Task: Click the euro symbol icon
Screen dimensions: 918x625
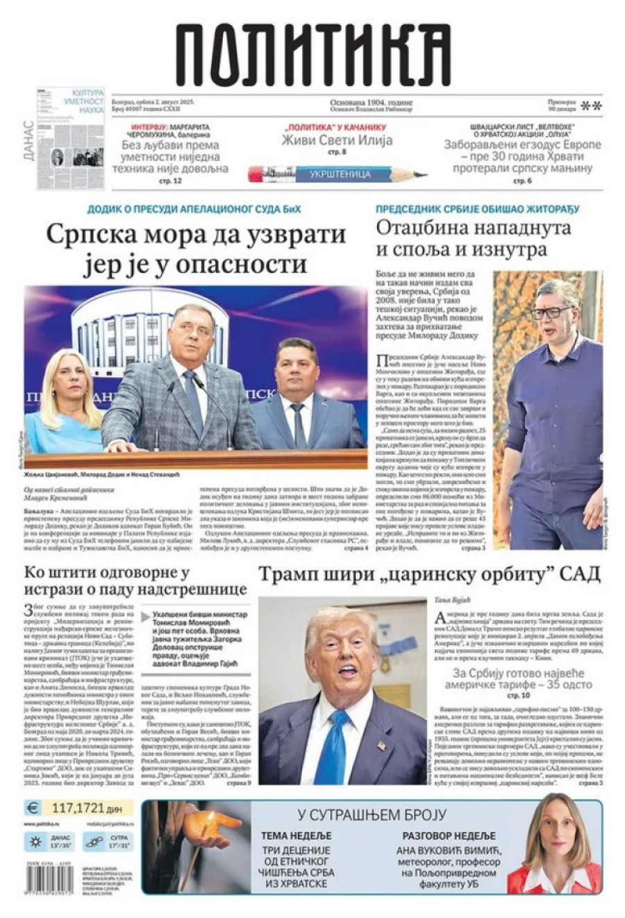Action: click(33, 808)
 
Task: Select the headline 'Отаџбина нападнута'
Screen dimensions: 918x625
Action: click(474, 227)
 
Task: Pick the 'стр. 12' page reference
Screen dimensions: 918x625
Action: click(170, 181)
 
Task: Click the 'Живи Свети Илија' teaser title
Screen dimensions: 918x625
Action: click(337, 140)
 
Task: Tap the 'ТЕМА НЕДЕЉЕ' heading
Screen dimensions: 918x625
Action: click(296, 835)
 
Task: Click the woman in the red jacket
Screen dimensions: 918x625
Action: click(553, 847)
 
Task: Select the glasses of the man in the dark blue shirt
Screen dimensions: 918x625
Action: click(551, 312)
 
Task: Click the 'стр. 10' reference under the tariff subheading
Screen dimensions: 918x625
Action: click(518, 694)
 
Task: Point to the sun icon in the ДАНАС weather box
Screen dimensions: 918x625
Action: click(35, 842)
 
